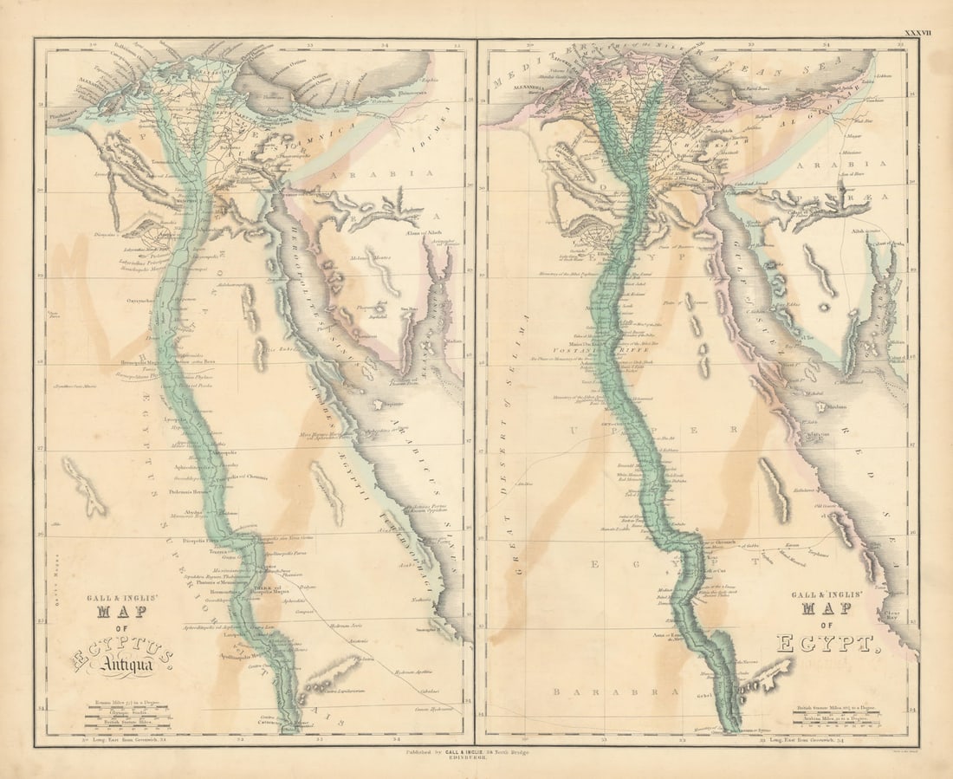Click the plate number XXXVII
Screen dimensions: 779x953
tap(917, 33)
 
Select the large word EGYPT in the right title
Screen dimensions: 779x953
tap(824, 643)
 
